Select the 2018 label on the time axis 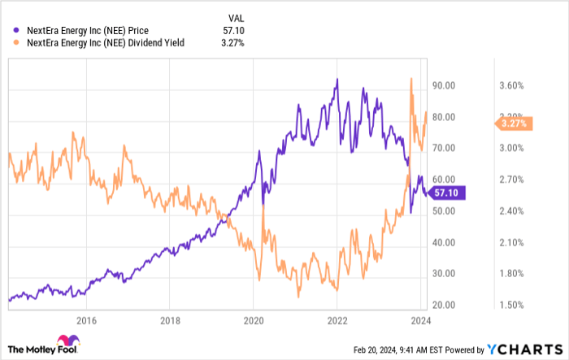pos(170,321)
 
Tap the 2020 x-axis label pos(254,321)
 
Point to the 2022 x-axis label pos(337,321)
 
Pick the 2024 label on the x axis pos(419,321)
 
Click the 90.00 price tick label pos(444,85)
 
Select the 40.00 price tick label pos(444,242)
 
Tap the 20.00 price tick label pos(444,305)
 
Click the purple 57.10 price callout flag pos(446,193)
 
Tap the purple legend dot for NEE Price pos(16,31)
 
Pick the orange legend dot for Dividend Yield pos(16,43)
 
